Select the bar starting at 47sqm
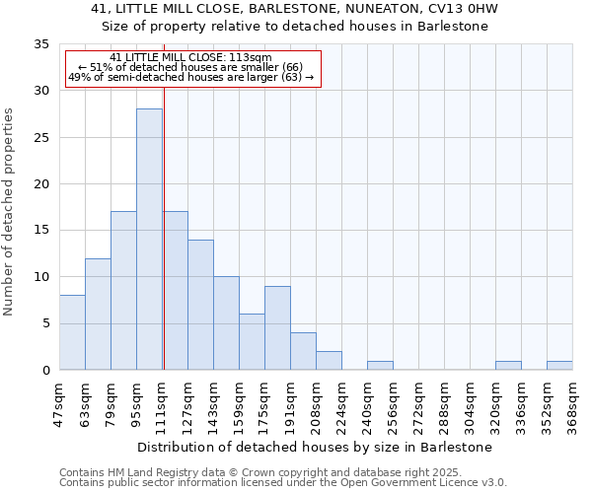[72, 332]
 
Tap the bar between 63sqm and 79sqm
[98, 314]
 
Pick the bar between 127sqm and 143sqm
[200, 305]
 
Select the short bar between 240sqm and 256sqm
[380, 365]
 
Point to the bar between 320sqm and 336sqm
[508, 365]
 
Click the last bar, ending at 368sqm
[559, 365]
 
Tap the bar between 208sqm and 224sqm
[329, 360]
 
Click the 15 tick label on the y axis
[41, 231]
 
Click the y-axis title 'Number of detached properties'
[9, 212]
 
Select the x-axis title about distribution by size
[314, 447]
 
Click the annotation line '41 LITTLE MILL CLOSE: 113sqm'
[190, 57]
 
